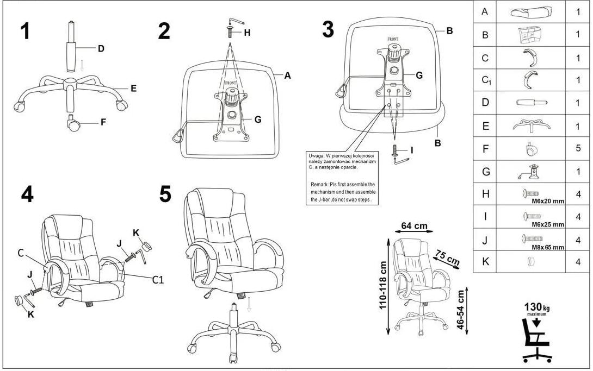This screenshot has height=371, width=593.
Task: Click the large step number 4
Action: (x=27, y=194)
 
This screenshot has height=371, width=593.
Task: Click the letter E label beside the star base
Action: (x=133, y=87)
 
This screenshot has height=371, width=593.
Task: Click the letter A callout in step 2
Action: (x=288, y=76)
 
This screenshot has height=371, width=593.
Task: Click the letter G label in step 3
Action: (x=419, y=76)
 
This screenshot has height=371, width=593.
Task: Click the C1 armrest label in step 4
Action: (x=158, y=280)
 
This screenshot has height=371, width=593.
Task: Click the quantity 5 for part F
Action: (x=578, y=148)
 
